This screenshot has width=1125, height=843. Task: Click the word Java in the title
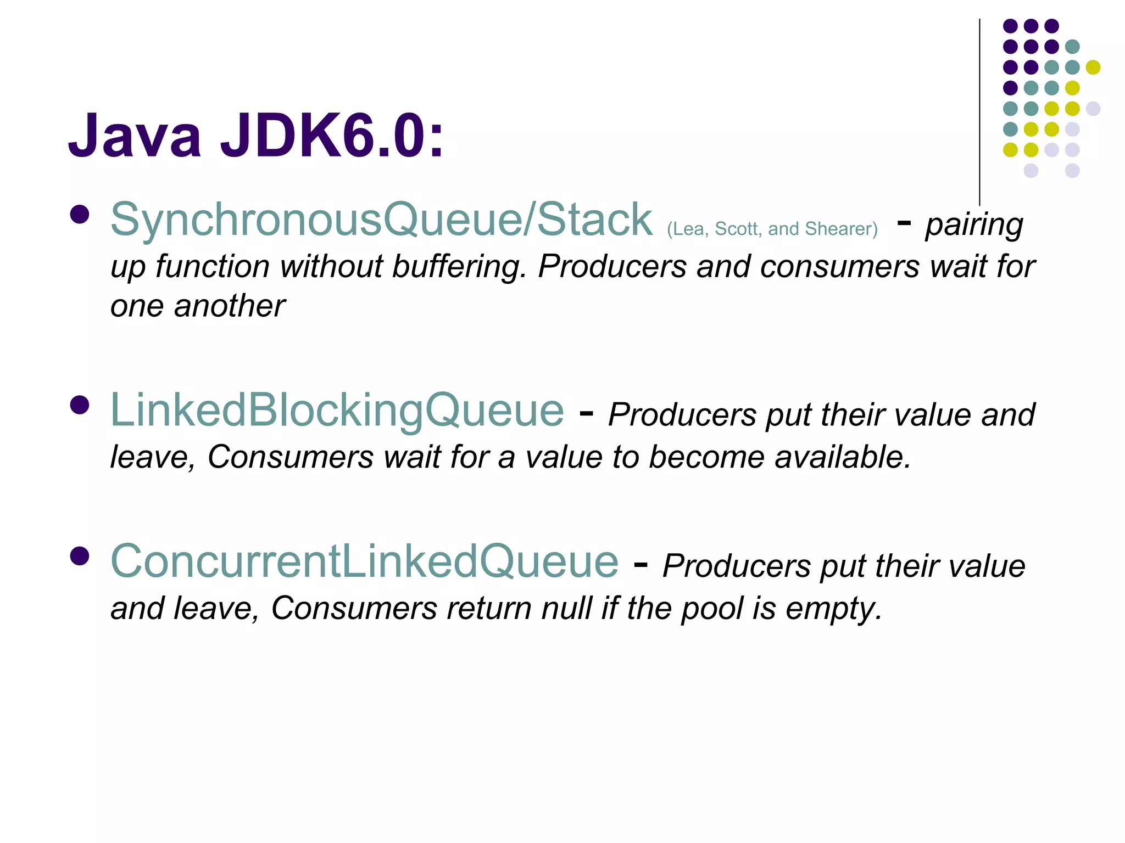tap(135, 136)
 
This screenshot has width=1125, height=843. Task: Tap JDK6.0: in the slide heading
tap(332, 136)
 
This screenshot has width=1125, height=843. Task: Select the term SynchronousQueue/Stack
tap(381, 220)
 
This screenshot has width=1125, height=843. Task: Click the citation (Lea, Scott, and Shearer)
tap(772, 228)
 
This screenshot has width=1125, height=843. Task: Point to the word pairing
tap(974, 225)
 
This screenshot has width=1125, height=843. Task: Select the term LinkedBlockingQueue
tap(337, 410)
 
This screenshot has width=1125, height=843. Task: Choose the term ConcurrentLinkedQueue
tap(365, 561)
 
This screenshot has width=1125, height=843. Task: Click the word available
tap(843, 457)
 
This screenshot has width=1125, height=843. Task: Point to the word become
tap(706, 457)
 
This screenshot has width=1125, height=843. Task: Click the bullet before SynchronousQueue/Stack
tap(80, 215)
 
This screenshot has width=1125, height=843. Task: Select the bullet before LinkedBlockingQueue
tap(80, 406)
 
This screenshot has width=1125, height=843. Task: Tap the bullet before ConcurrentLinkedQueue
tap(80, 557)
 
